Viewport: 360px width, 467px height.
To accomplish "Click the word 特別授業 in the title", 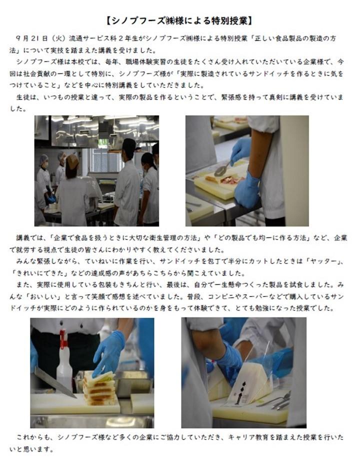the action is click(x=228, y=21).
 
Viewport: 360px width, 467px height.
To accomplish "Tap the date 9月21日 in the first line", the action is click(x=32, y=38).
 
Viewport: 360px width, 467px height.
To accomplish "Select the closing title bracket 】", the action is click(x=250, y=21).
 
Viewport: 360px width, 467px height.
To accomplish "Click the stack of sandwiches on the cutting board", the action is click(x=99, y=388).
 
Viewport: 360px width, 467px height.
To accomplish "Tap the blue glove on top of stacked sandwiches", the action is click(x=108, y=352).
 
